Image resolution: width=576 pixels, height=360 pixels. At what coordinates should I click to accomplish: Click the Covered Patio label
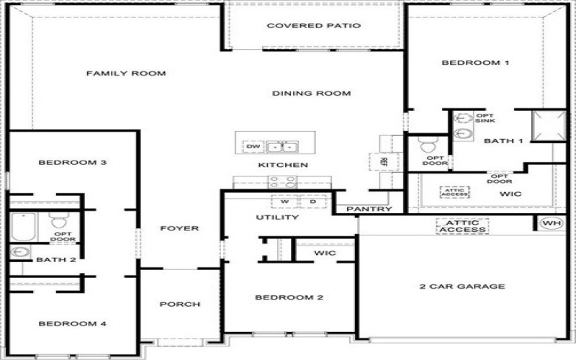pos(313,26)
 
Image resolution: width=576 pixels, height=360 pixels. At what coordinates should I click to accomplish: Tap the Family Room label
pos(126,73)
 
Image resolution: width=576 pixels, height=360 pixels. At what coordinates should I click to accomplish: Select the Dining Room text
pos(311,93)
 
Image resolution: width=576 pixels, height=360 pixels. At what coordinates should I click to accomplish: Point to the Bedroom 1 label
pos(475,63)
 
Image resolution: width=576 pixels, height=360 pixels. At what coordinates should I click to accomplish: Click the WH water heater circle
pos(552,223)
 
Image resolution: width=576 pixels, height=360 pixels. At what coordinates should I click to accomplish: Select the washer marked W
pos(284,202)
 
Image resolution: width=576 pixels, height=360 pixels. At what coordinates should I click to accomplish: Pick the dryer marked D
pos(312,202)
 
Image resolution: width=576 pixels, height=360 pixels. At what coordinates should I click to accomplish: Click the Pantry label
pos(369,210)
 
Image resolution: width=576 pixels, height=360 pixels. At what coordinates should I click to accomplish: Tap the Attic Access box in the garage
pos(462,226)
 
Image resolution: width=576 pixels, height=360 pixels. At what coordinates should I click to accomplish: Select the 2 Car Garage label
pos(462,287)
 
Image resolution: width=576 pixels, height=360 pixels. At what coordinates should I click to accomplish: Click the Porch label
pos(180,305)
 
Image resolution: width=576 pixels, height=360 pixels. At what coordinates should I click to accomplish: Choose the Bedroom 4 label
pos(72,324)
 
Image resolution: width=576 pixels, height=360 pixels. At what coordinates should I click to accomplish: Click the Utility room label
pos(277,217)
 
